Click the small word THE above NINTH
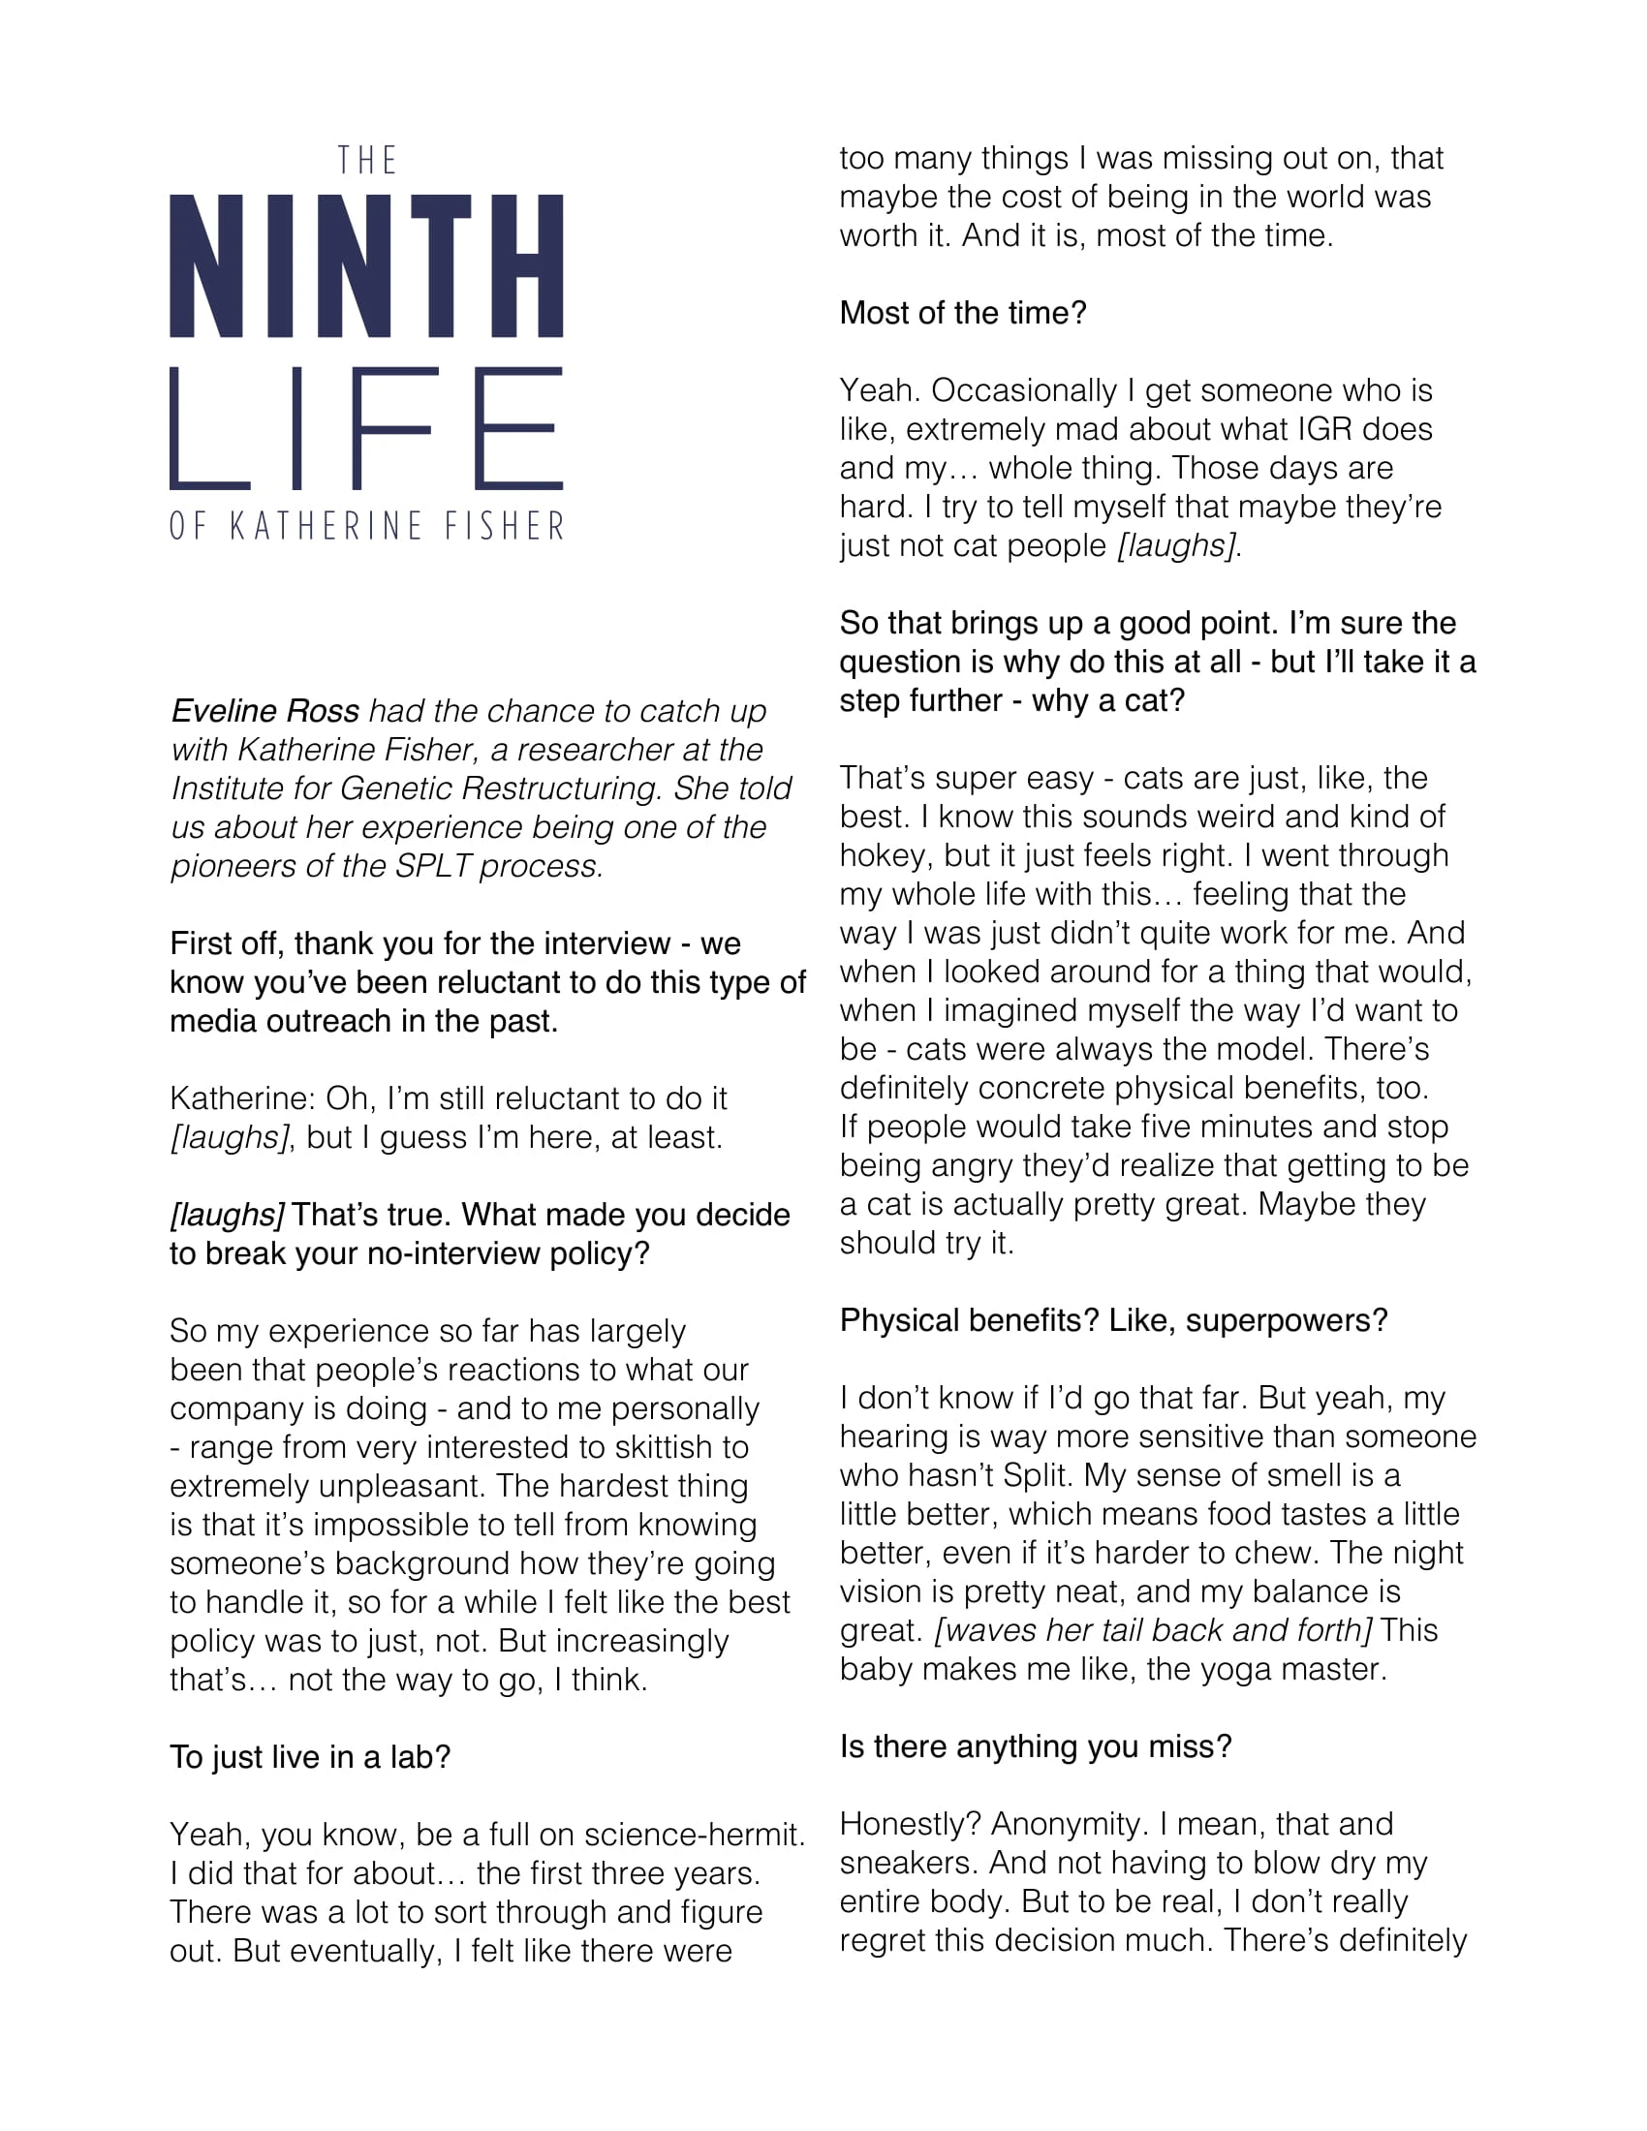tap(367, 161)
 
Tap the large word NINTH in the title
tap(367, 266)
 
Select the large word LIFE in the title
tap(367, 428)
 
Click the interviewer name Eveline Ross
tap(265, 710)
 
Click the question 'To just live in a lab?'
tap(310, 1757)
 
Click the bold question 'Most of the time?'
tap(963, 313)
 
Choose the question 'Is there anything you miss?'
tap(1037, 1746)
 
